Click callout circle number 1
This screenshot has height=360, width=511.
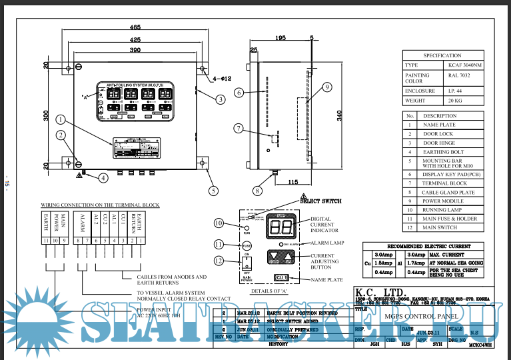point(60,120)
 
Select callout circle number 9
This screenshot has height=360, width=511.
point(326,87)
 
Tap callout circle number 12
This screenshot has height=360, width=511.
point(218,260)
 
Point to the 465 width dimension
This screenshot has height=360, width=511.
point(135,28)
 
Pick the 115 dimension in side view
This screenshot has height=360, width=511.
point(292,182)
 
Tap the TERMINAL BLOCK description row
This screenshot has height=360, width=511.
point(445,182)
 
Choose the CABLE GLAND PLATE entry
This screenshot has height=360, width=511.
point(448,192)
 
